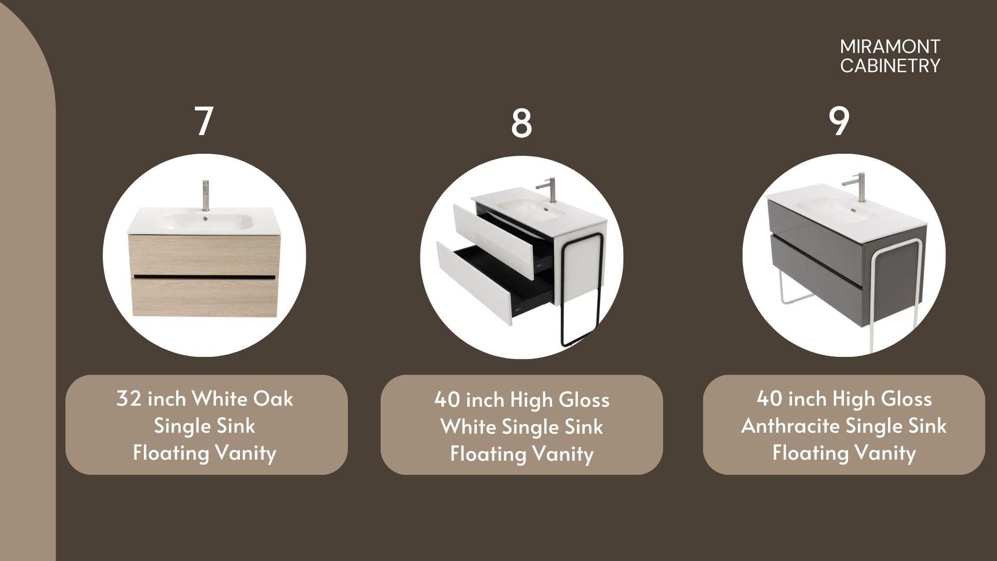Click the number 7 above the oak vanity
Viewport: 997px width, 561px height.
coord(204,121)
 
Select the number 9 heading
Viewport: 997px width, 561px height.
coord(839,121)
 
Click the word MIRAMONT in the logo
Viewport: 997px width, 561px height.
coord(890,47)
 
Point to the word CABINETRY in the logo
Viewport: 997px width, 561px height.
coord(890,65)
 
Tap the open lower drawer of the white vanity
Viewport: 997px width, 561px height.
coord(493,278)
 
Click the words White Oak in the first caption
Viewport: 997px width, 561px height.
coord(242,399)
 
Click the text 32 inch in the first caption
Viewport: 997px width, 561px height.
coord(151,399)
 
